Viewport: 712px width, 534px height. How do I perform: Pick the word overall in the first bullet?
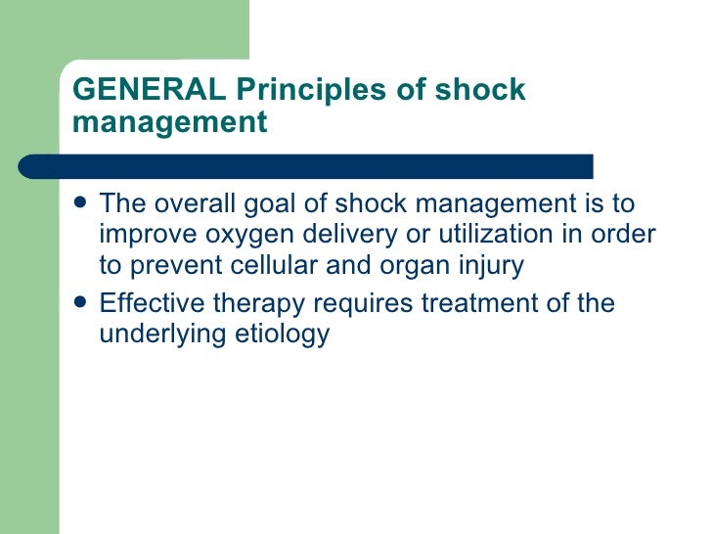(199, 204)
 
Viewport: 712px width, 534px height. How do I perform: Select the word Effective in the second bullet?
(156, 303)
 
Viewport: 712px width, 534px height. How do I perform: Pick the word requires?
(368, 304)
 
